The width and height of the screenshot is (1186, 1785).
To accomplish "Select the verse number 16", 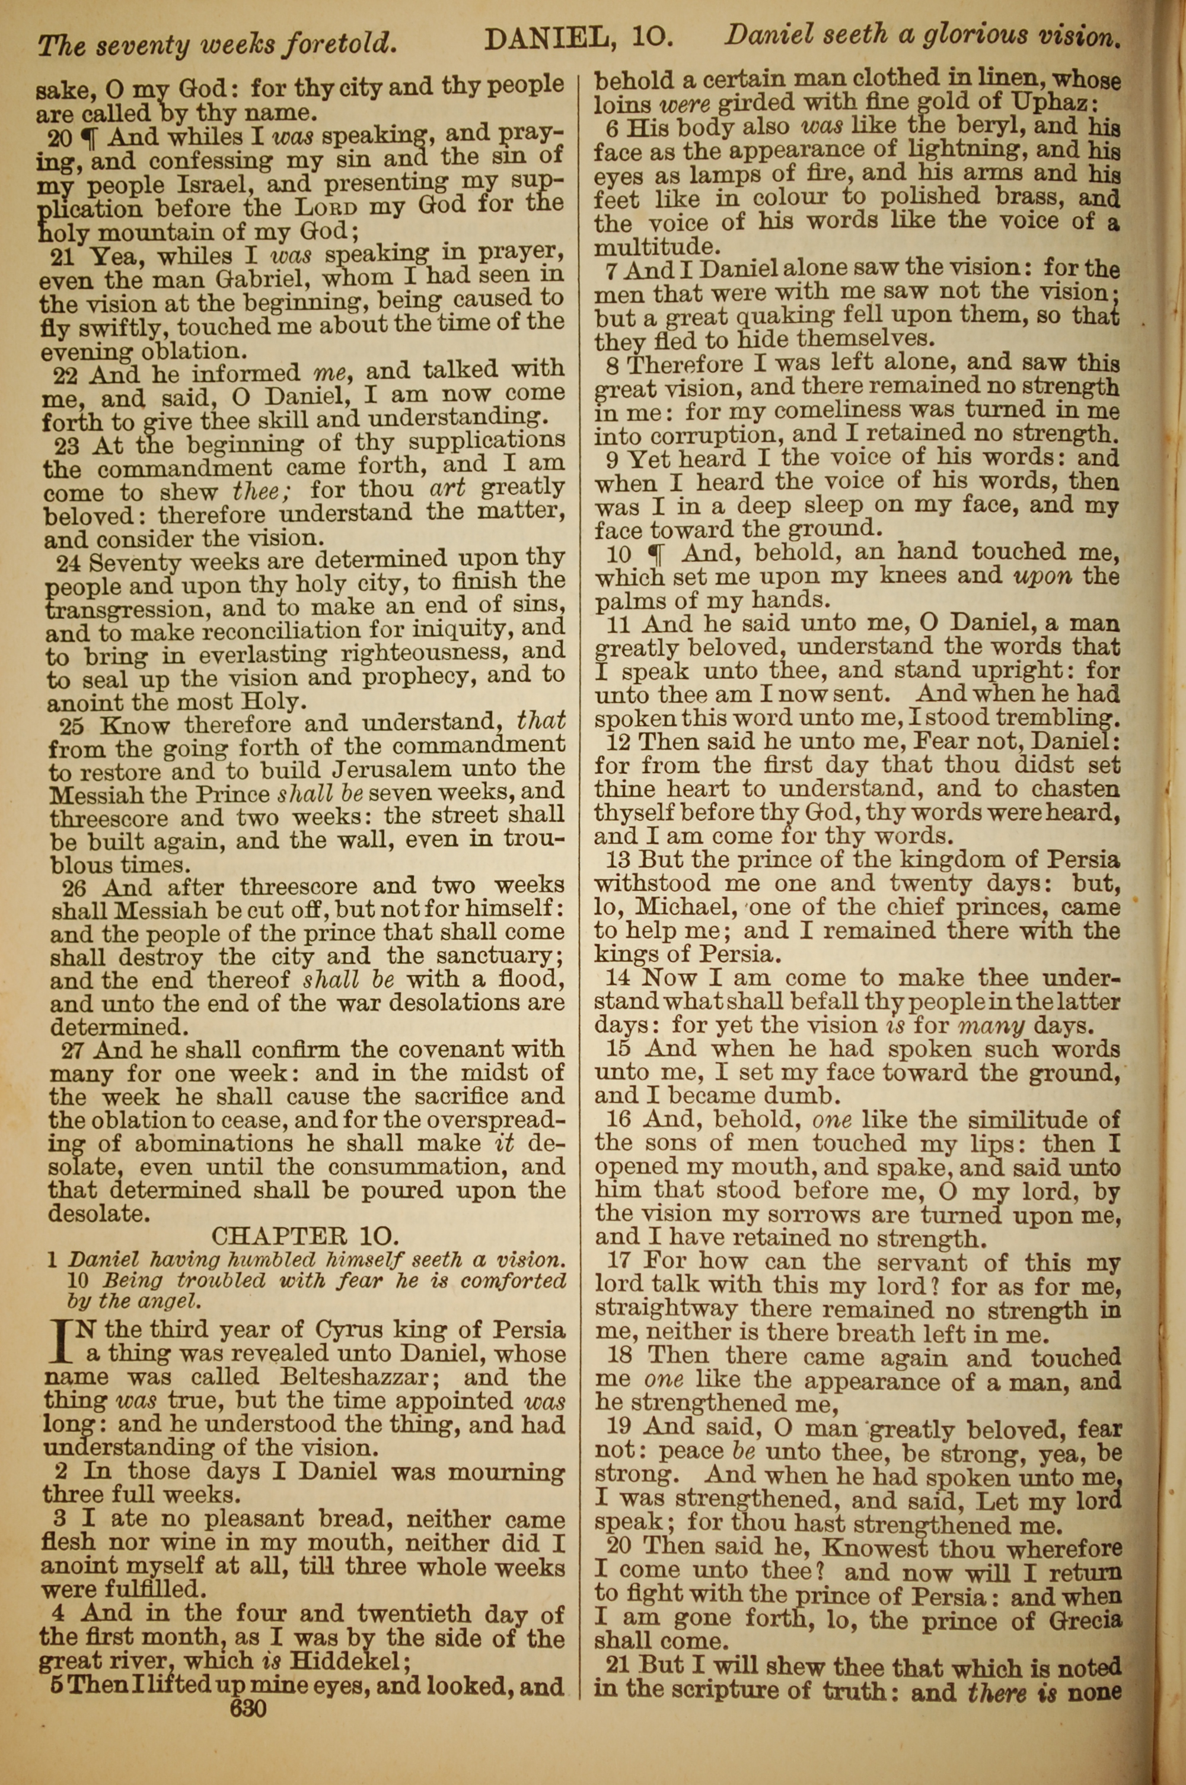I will [621, 1120].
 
